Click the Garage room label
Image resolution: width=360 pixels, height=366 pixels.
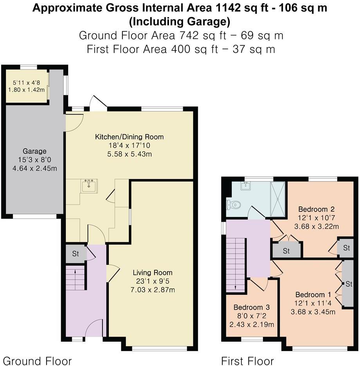pyautogui.click(x=34, y=151)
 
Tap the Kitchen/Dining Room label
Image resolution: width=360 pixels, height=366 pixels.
pyautogui.click(x=130, y=137)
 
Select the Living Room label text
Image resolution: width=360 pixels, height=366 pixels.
pyautogui.click(x=153, y=273)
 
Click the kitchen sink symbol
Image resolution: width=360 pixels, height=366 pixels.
pyautogui.click(x=90, y=186)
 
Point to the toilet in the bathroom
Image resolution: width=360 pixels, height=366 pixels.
pyautogui.click(x=234, y=204)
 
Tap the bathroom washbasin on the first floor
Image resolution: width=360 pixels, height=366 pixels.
pyautogui.click(x=246, y=186)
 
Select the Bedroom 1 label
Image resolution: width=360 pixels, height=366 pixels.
pyautogui.click(x=310, y=294)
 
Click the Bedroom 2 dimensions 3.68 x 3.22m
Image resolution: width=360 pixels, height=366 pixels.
pyautogui.click(x=318, y=226)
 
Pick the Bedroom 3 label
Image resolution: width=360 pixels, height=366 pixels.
pyautogui.click(x=252, y=307)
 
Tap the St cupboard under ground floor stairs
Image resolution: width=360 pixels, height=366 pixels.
pyautogui.click(x=76, y=254)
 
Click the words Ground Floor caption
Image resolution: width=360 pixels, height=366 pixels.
pyautogui.click(x=38, y=360)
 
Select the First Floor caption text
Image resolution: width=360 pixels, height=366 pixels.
pyautogui.click(x=247, y=360)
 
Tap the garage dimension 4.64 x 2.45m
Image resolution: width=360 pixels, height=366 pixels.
pyautogui.click(x=34, y=169)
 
